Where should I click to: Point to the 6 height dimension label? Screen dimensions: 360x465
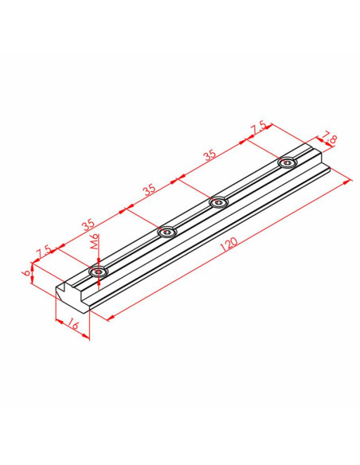tap(26, 272)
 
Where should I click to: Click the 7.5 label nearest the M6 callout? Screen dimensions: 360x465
tap(44, 252)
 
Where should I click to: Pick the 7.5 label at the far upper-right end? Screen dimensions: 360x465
tap(257, 128)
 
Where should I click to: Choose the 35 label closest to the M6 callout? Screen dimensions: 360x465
tap(88, 225)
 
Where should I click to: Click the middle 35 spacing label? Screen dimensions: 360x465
tap(150, 190)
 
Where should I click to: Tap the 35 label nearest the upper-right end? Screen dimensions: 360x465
tap(210, 154)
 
